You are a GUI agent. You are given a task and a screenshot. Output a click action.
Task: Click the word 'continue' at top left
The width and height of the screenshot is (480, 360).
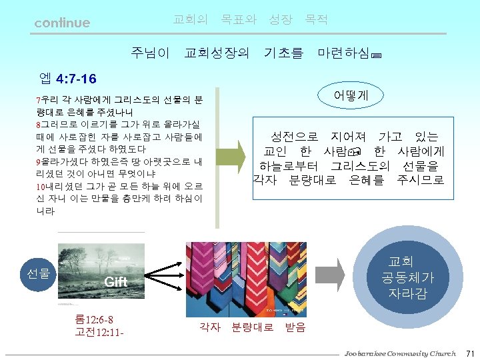pyautogui.click(x=62, y=23)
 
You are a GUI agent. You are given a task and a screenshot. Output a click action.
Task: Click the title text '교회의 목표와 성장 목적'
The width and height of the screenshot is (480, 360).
pyautogui.click(x=250, y=20)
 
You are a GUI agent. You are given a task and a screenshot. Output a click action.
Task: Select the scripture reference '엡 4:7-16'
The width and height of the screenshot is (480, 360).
pyautogui.click(x=67, y=79)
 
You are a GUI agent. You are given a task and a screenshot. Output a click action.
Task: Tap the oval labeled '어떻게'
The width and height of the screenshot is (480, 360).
pyautogui.click(x=351, y=95)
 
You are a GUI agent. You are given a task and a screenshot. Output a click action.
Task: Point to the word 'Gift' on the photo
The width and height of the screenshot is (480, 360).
pyautogui.click(x=116, y=282)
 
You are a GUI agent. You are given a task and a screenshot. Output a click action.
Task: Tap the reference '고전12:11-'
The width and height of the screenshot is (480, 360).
pyautogui.click(x=100, y=331)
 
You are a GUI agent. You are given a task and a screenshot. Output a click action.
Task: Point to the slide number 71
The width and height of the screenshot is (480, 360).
pyautogui.click(x=469, y=353)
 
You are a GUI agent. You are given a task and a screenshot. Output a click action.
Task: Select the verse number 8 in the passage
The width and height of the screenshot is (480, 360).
pyautogui.click(x=38, y=125)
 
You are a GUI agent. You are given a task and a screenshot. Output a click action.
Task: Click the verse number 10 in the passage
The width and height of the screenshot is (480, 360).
pyautogui.click(x=40, y=186)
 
